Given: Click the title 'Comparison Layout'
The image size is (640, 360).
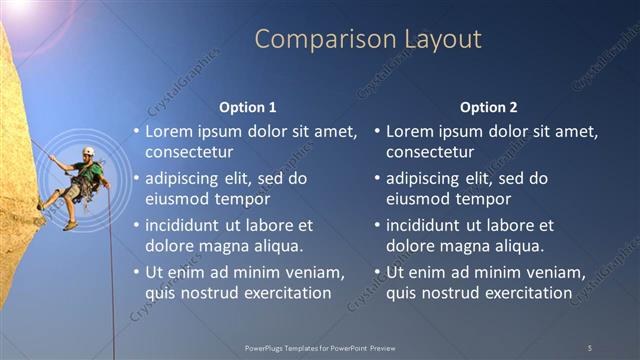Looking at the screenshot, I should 367,39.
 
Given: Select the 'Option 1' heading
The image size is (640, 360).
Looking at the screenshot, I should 247,107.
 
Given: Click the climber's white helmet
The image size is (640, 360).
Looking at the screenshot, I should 88,151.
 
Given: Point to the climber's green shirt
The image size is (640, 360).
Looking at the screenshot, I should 90,171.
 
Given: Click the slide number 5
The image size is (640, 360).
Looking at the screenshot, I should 589,347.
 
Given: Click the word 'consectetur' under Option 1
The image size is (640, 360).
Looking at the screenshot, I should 189,153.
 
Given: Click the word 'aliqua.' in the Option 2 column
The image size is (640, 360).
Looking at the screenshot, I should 513,245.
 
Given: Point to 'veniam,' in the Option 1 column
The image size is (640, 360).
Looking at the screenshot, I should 312,272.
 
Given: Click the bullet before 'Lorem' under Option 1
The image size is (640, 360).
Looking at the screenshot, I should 137,131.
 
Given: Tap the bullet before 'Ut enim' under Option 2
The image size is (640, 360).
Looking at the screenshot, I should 377,272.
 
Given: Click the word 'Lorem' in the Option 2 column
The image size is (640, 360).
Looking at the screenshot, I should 409,131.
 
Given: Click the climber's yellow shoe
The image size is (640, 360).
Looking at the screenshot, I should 70,225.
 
